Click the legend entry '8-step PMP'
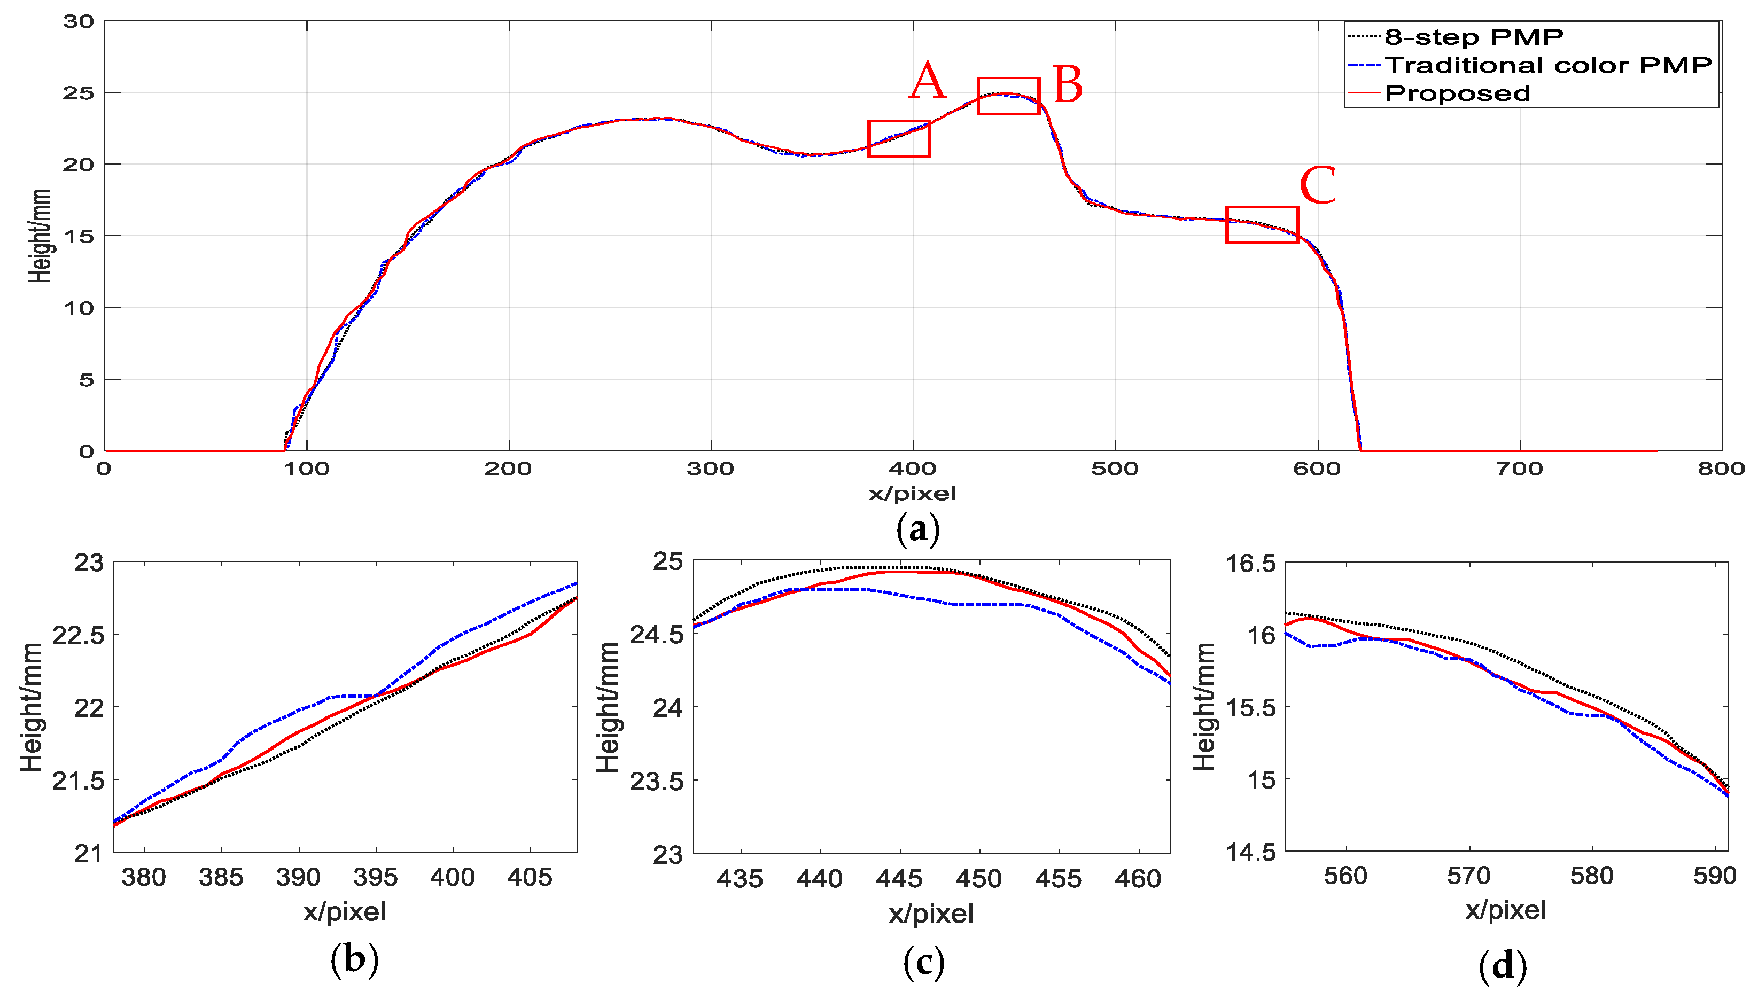click(x=1473, y=37)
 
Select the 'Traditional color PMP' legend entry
click(x=1548, y=65)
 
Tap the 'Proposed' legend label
click(x=1457, y=93)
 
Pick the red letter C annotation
click(x=1318, y=185)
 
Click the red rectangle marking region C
click(x=1262, y=225)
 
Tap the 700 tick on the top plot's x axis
click(x=1519, y=469)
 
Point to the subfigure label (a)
click(x=917, y=530)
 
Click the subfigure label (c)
click(x=923, y=962)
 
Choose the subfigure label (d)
click(x=1502, y=965)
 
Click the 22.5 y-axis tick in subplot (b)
click(x=78, y=635)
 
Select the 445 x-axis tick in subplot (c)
click(x=899, y=879)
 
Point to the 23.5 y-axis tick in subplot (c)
click(x=656, y=782)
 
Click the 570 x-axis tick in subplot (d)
click(x=1468, y=876)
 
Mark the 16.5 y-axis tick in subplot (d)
click(x=1250, y=564)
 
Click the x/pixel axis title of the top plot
click(x=912, y=494)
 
